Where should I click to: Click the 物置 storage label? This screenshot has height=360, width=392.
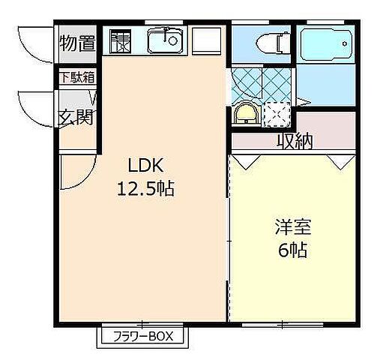click(77, 42)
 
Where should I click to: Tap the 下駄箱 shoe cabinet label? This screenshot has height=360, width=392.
click(77, 76)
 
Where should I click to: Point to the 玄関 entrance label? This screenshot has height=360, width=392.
click(76, 118)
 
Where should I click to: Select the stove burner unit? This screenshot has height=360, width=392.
click(120, 40)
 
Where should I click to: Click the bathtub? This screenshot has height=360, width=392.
click(325, 49)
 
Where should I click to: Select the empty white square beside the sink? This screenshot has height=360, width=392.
click(207, 40)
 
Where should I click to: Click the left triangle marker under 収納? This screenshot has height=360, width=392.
click(243, 160)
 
